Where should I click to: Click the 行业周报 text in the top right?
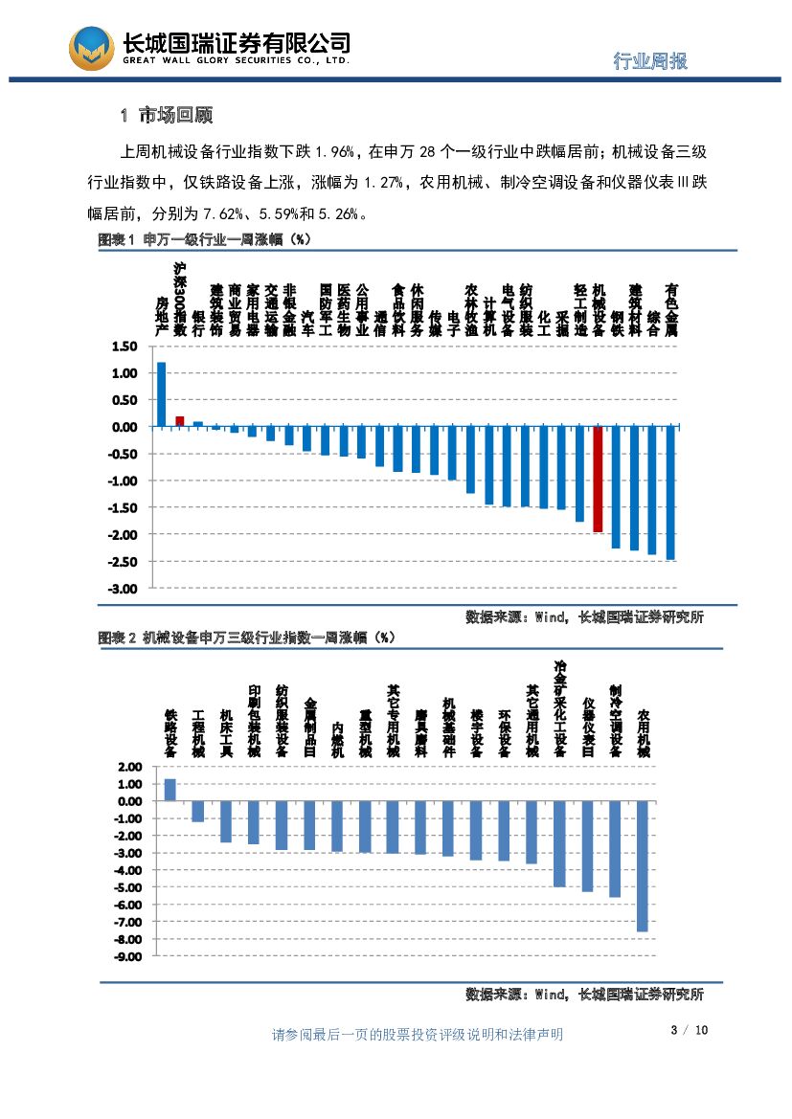tap(650, 61)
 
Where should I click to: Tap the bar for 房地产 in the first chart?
tap(161, 394)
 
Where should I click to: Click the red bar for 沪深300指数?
tap(179, 421)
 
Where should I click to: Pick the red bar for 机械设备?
tap(598, 479)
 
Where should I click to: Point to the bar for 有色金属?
tap(670, 493)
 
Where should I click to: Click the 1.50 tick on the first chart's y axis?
tap(125, 347)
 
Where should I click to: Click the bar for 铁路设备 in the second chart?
tap(170, 790)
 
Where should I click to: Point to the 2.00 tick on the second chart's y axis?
tap(127, 767)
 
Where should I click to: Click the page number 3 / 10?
tap(689, 1030)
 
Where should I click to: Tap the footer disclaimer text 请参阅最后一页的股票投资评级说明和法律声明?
tap(418, 1034)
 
